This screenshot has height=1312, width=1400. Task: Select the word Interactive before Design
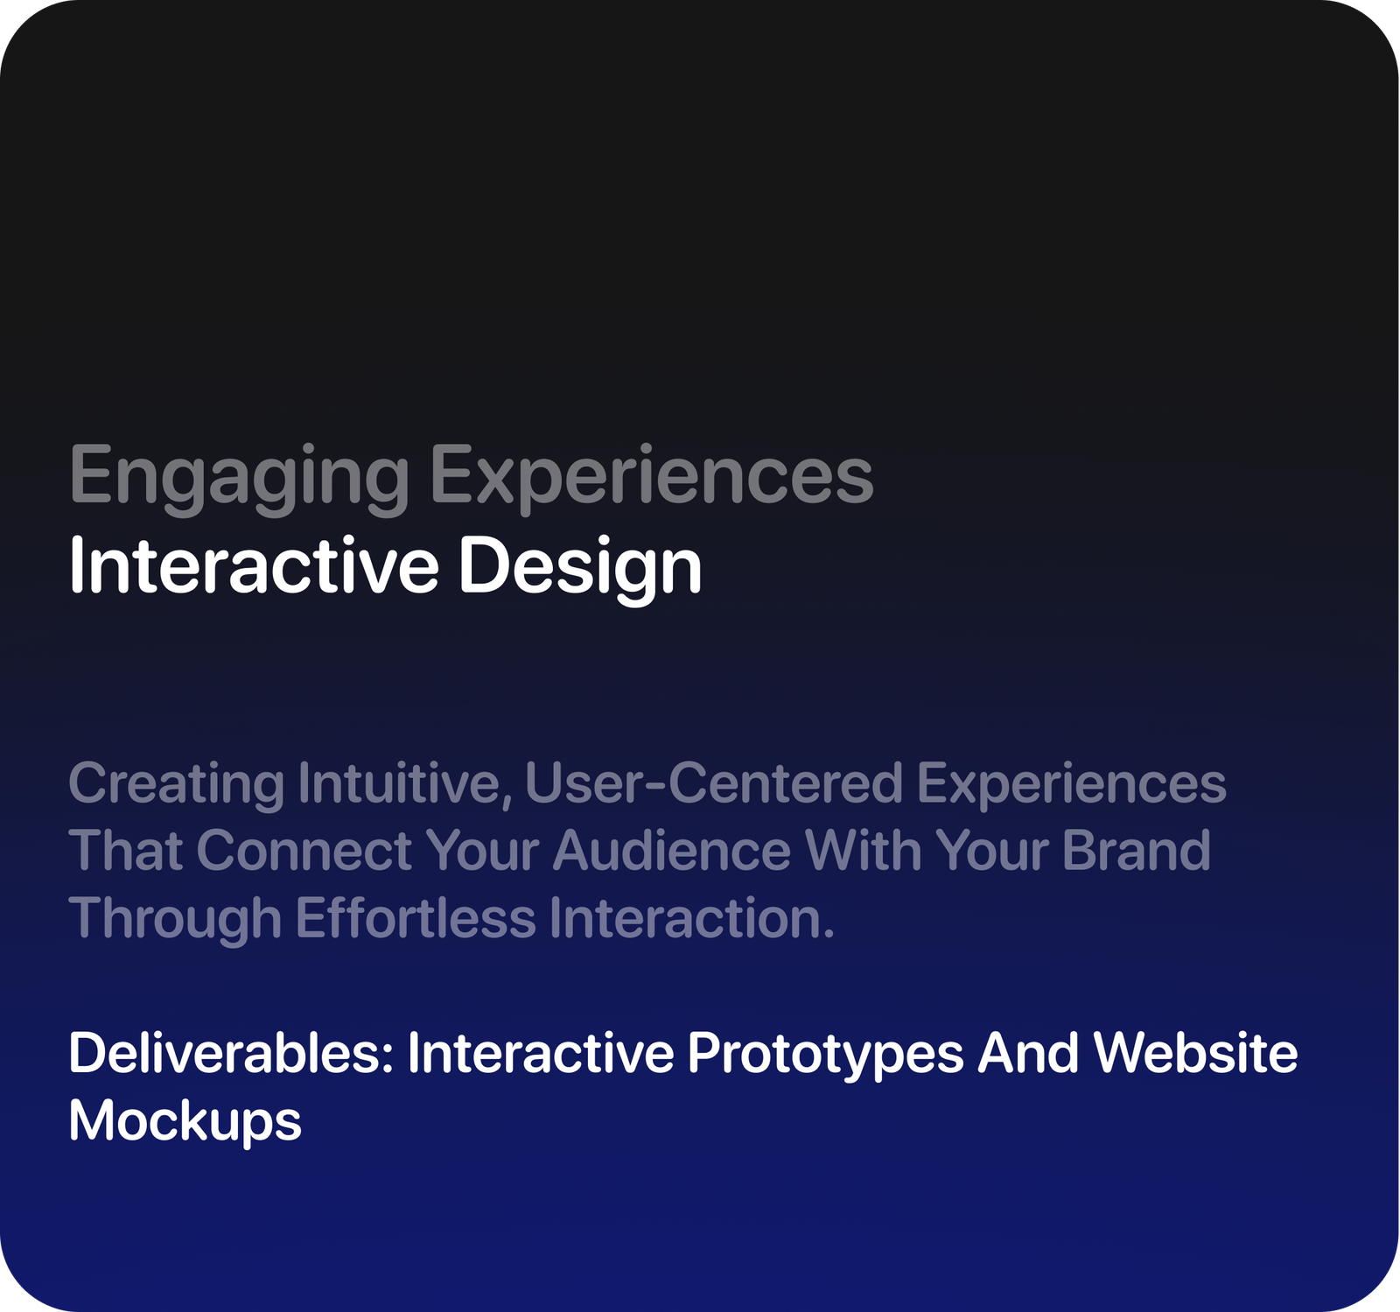[x=254, y=566]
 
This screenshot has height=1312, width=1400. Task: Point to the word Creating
[x=177, y=783]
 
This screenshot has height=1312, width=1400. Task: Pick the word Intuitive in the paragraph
[x=403, y=782]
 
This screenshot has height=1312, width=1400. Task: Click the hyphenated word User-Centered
[x=713, y=782]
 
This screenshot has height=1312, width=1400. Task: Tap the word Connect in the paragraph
[x=304, y=850]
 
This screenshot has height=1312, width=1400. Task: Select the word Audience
[x=672, y=850]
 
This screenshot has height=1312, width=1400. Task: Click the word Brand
[x=1136, y=850]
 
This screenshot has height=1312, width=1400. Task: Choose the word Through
[x=175, y=919]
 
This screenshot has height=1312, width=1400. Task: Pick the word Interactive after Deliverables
[x=541, y=1053]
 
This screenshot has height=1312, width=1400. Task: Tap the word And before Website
[x=1028, y=1053]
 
